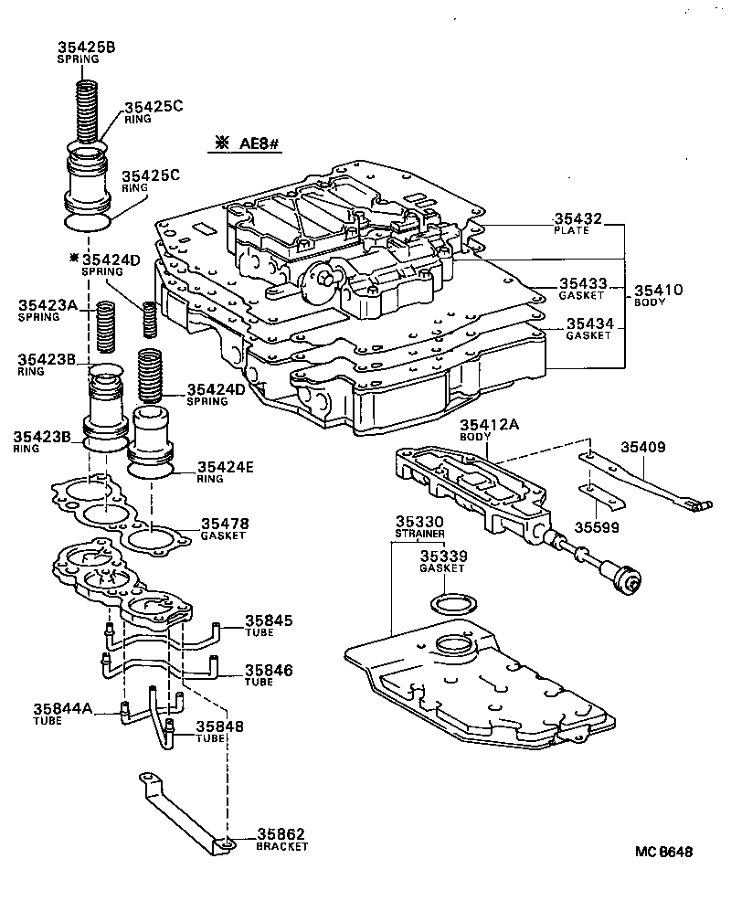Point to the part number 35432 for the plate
click(577, 219)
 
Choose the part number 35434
click(588, 323)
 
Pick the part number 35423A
click(47, 307)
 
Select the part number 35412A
click(490, 424)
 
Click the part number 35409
click(644, 447)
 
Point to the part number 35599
click(598, 526)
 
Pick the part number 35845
click(269, 621)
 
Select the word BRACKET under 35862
click(281, 847)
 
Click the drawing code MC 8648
click(665, 852)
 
